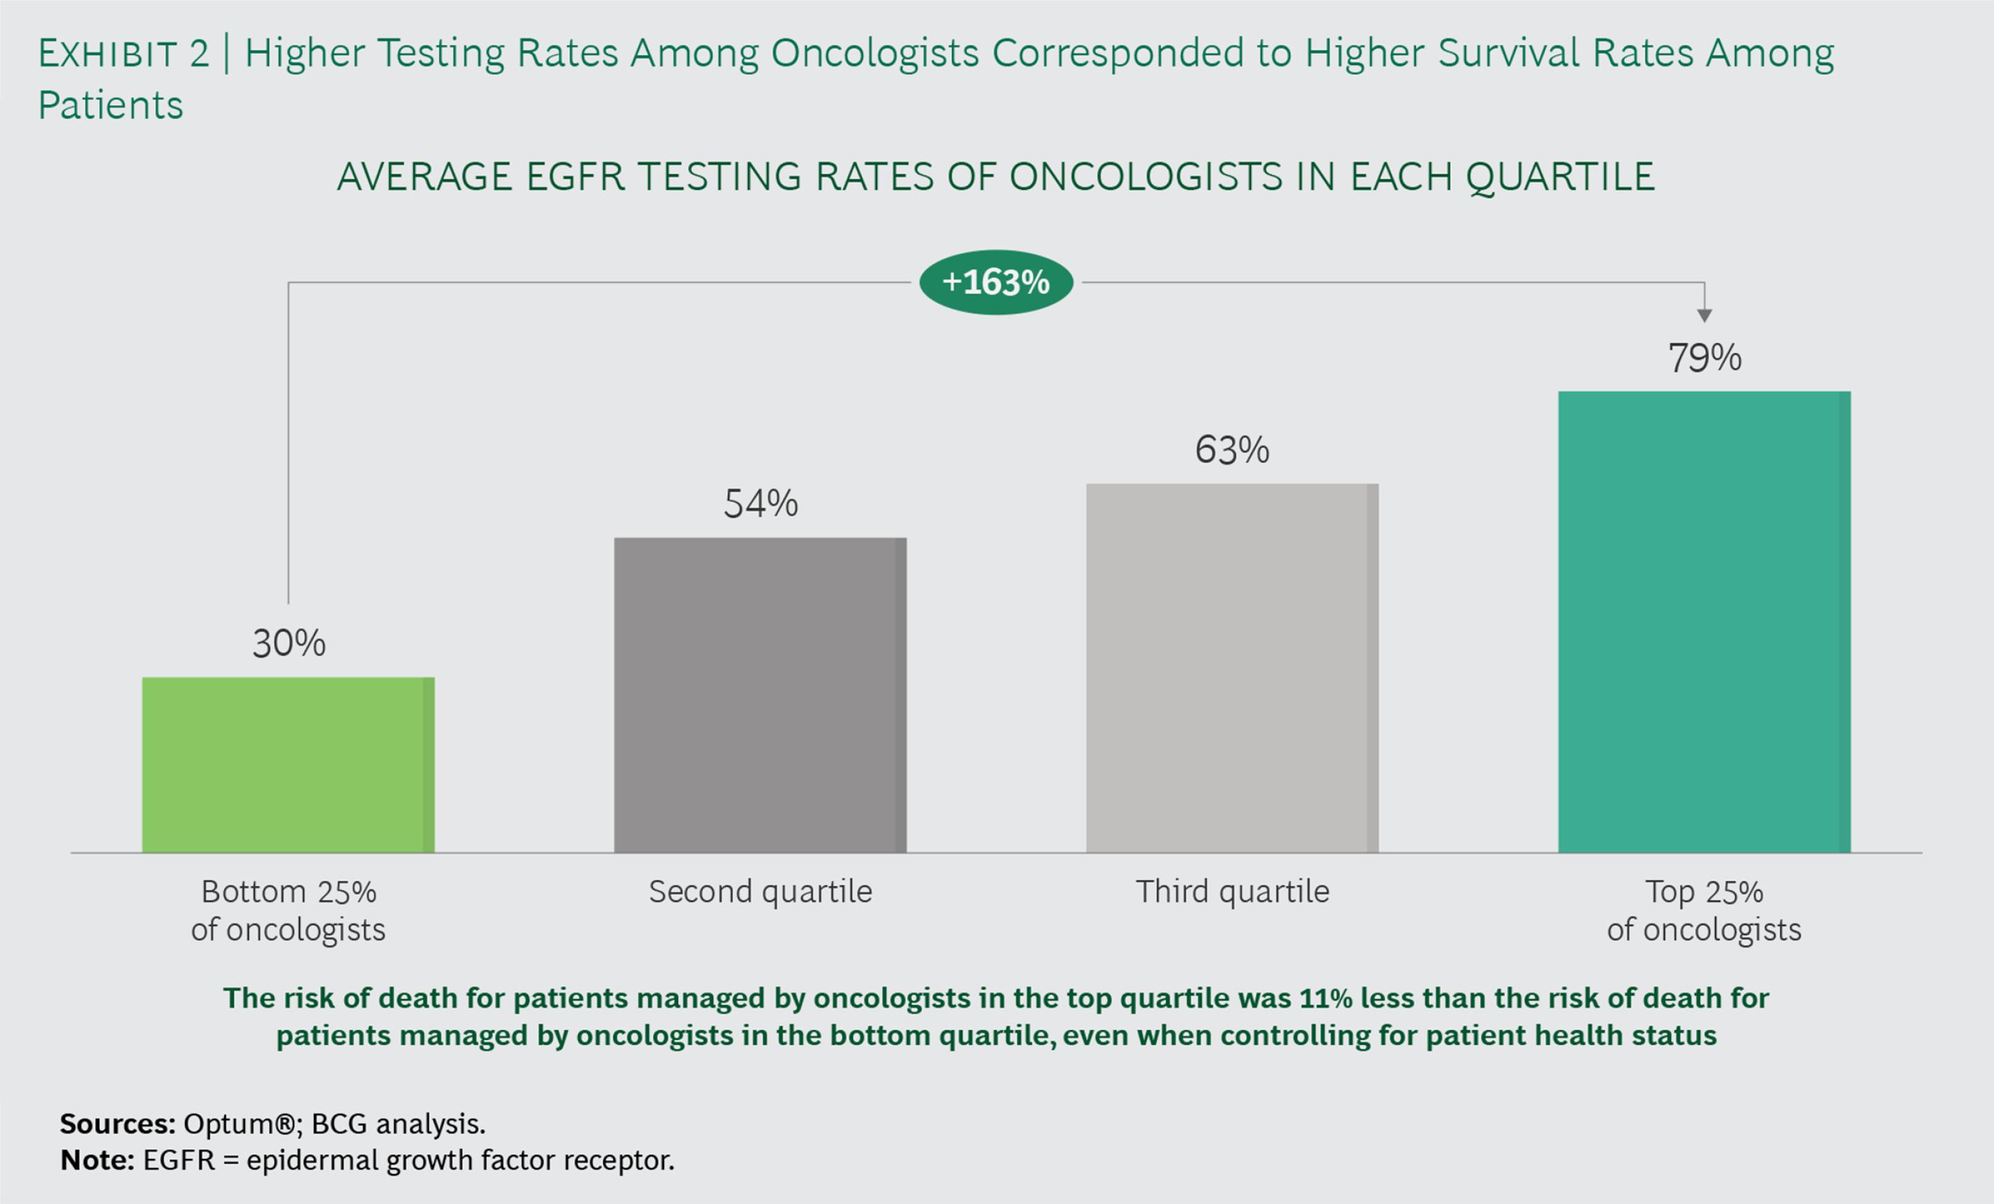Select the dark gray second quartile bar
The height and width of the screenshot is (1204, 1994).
point(760,695)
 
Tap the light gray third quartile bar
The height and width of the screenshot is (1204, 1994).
point(1232,668)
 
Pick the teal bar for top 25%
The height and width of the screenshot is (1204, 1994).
point(1705,622)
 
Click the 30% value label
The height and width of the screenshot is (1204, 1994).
point(289,644)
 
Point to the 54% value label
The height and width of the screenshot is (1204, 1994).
point(761,504)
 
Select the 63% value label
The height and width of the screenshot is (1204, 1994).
point(1232,450)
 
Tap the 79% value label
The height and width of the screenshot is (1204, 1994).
point(1705,358)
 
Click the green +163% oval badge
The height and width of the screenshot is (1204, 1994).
point(996,282)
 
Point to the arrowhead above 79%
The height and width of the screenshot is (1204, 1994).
point(1705,315)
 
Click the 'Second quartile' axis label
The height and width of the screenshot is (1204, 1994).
point(760,892)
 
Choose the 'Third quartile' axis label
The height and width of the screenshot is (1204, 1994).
point(1232,892)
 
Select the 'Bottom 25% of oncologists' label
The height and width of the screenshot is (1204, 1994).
point(288,910)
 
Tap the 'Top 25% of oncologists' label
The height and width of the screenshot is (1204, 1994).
point(1705,910)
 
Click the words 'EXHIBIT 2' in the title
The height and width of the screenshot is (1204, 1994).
point(123,54)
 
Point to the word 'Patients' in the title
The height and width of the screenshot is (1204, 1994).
point(111,105)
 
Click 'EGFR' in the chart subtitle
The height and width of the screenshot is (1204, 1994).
point(575,177)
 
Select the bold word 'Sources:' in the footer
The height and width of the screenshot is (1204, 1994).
point(117,1124)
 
